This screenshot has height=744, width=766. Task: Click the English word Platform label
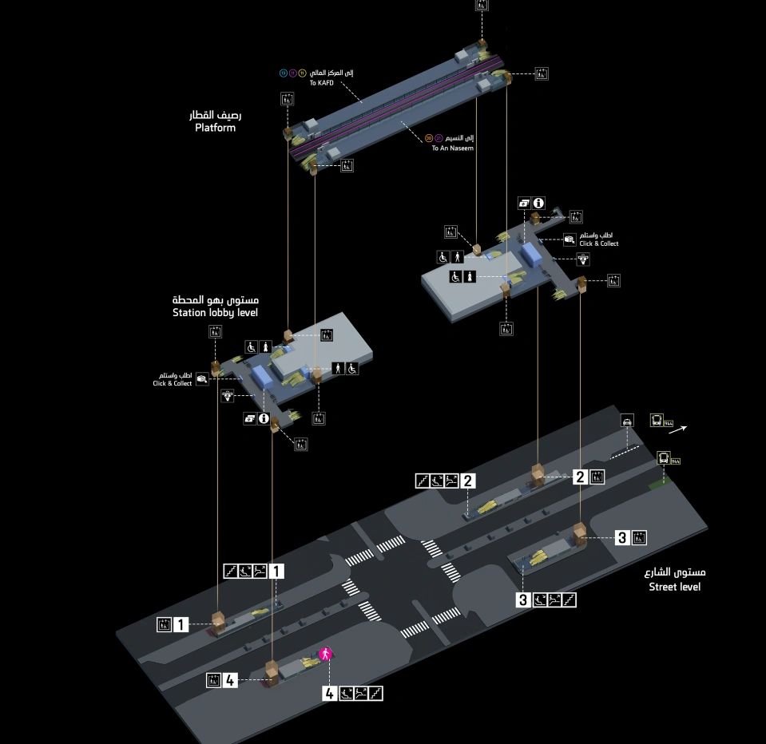click(215, 128)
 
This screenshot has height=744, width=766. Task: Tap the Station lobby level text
click(215, 313)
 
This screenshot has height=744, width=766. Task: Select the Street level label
click(674, 587)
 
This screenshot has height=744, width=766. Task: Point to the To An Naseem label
click(453, 148)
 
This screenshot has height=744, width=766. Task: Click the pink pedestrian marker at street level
click(325, 655)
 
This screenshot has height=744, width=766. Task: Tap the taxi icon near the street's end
click(628, 421)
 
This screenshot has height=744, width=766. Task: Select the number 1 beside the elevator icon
click(181, 624)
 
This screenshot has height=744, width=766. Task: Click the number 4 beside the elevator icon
click(230, 680)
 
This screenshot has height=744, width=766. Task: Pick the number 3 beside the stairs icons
click(523, 600)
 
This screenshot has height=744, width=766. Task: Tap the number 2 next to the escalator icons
click(468, 481)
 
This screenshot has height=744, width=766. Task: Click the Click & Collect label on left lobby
click(173, 384)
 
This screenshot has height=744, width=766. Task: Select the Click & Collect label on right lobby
click(598, 243)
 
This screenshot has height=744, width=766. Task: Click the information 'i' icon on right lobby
click(539, 204)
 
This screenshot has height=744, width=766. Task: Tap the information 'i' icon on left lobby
click(263, 418)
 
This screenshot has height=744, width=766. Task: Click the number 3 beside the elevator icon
click(622, 537)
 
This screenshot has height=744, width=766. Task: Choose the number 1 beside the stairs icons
click(276, 571)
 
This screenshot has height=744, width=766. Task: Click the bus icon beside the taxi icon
click(657, 420)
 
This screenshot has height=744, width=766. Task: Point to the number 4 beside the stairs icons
click(329, 693)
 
